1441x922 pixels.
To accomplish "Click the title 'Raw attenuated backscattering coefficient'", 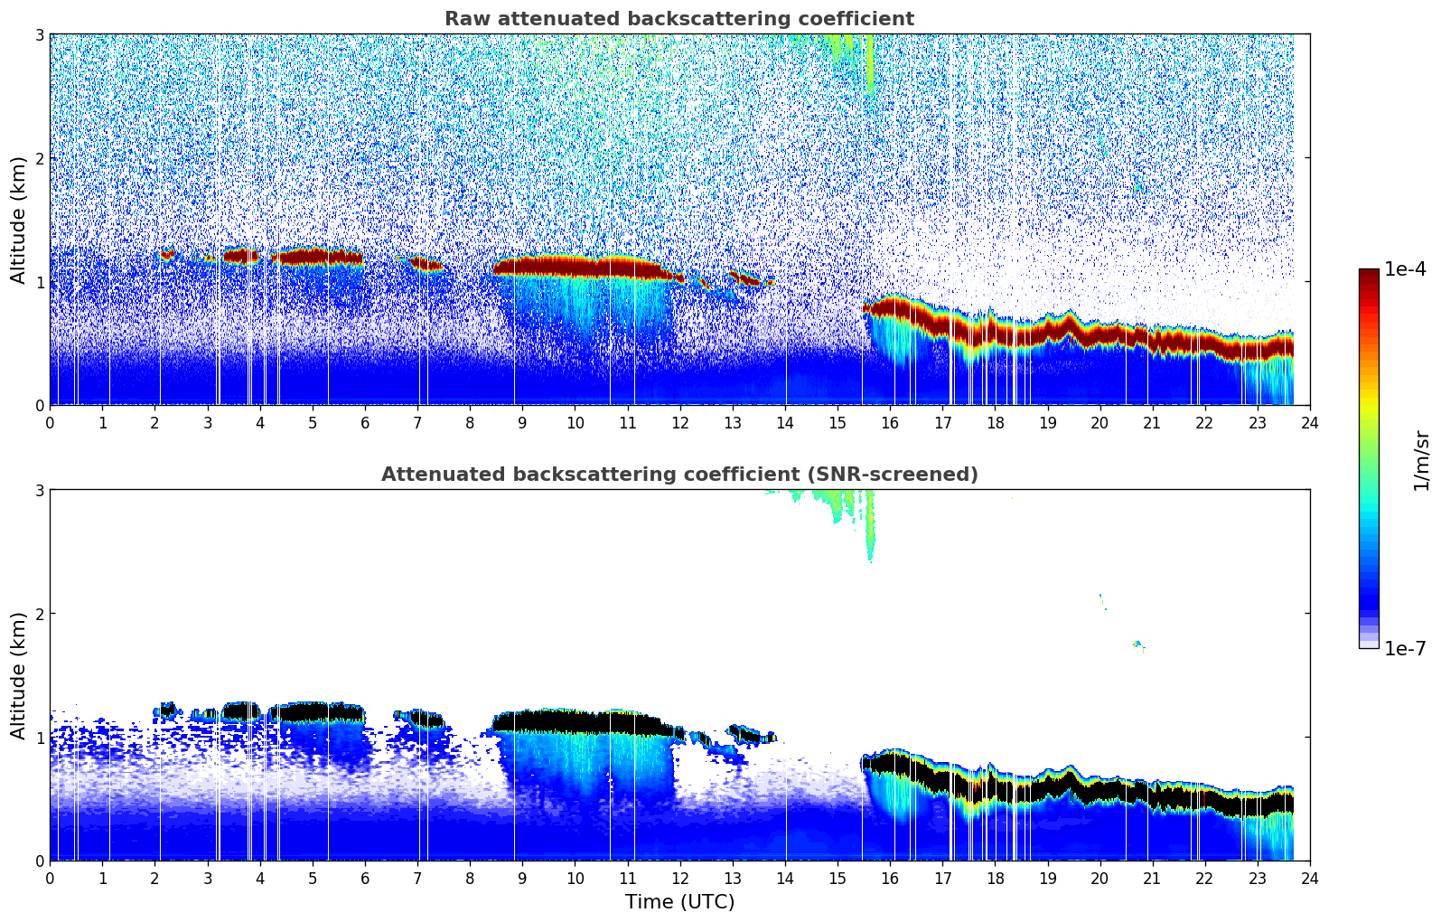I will (678, 19).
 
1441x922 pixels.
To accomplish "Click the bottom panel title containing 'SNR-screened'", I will (678, 475).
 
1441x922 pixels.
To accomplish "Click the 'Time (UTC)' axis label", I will (679, 902).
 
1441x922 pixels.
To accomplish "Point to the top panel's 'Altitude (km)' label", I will (19, 220).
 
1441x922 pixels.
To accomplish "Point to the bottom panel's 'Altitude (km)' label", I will (19, 675).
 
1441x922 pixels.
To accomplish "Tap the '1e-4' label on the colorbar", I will (1405, 269).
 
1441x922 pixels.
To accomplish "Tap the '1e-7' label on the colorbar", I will (1405, 648).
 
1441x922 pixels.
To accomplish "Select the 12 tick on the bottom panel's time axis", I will (679, 878).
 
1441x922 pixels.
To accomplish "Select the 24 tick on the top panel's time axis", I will (1309, 422).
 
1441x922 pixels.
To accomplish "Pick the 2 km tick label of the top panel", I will (39, 158).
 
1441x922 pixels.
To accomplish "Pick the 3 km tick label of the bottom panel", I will (39, 490).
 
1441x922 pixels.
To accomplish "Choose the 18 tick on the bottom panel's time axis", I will (995, 878).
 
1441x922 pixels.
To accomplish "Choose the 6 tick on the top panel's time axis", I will (365, 422).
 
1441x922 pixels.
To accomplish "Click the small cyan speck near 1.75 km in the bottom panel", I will (1137, 644).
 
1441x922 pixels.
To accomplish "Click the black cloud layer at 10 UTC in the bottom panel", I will (575, 721).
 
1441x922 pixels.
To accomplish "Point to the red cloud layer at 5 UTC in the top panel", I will (312, 257).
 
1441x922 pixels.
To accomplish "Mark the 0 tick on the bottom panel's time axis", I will (50, 878).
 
